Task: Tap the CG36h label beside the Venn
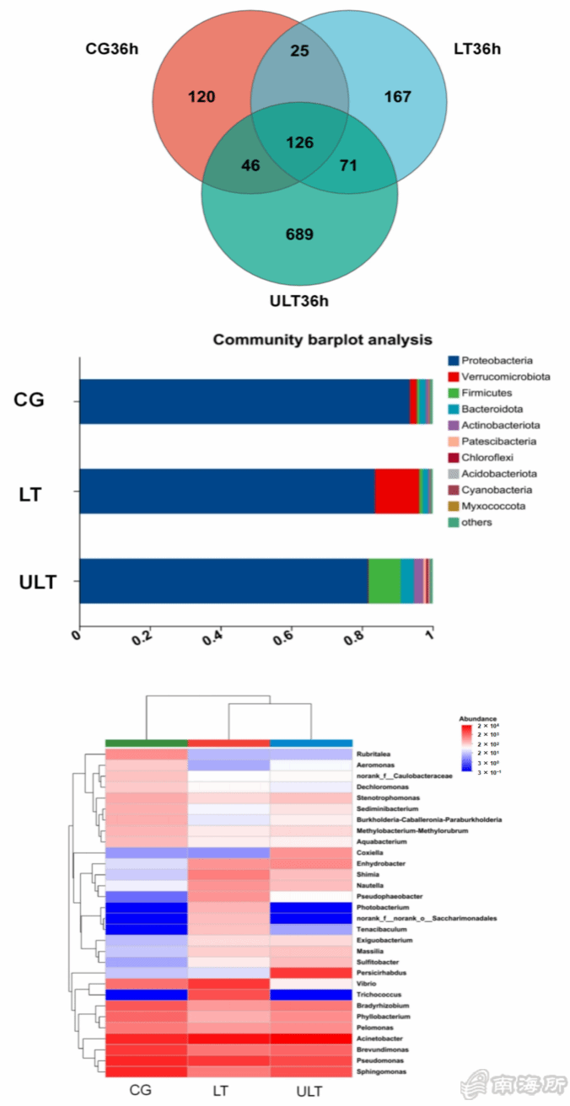pos(111,48)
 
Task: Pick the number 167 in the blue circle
pos(397,97)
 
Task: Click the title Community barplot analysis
pos(322,340)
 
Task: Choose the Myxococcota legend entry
pos(492,506)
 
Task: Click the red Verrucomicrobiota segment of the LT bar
pos(396,491)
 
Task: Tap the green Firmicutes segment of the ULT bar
pos(384,581)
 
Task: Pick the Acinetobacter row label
pos(378,1039)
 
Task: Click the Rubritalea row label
pos(374,754)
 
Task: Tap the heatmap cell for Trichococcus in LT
pos(229,995)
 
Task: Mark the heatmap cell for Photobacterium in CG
pos(146,907)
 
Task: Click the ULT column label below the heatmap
pos(309,1092)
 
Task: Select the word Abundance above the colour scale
pos(477,718)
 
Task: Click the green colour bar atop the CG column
pos(146,743)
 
